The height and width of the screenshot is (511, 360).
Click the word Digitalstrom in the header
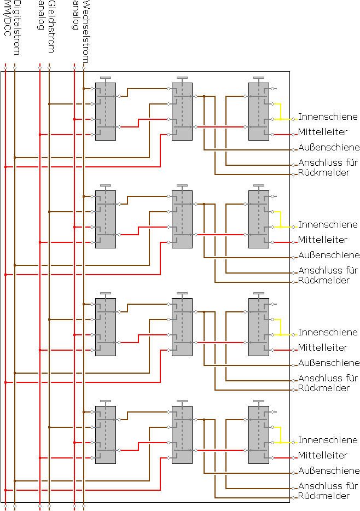[16, 27]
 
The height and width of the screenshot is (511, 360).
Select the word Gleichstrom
[51, 26]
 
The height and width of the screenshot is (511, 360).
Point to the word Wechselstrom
[86, 32]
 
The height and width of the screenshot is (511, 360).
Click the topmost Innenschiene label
[328, 117]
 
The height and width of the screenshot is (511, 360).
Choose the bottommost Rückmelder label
[323, 496]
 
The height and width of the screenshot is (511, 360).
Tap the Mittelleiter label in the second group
[323, 240]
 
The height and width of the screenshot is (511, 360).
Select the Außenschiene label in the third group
[329, 363]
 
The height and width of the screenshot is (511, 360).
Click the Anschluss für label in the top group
[328, 162]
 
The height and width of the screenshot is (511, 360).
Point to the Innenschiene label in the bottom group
[328, 440]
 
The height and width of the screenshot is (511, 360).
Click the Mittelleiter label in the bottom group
[323, 455]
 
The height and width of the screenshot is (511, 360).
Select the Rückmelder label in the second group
[323, 280]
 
